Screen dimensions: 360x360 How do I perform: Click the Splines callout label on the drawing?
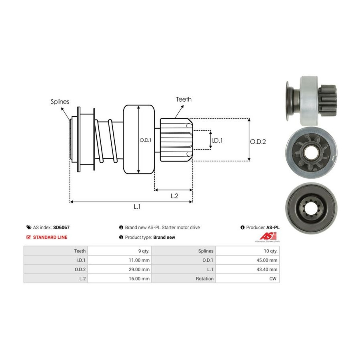point(60,102)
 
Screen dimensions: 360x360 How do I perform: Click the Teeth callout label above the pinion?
point(184,99)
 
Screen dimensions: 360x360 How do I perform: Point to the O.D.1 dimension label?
point(145,140)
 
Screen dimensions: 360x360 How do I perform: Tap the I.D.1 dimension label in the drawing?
point(217,140)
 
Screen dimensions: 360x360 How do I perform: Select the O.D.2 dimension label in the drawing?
point(258,141)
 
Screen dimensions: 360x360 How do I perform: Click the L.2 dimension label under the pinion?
point(174,196)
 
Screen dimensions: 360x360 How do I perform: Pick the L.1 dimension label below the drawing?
point(137,206)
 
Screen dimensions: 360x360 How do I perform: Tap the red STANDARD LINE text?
point(50,237)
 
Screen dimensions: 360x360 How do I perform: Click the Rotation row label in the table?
point(204,278)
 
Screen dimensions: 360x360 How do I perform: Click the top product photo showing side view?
point(312,100)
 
